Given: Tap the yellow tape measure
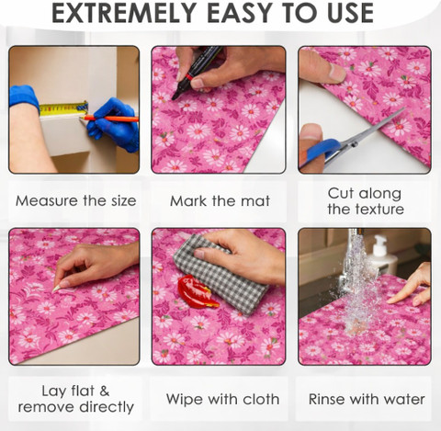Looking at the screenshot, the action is (63, 108).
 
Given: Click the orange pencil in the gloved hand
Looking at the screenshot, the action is (110, 119).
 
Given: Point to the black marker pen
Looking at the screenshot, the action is (196, 73).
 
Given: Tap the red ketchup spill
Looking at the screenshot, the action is (197, 292).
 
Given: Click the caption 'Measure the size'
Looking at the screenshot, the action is (76, 201).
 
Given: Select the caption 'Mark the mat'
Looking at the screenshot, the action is (220, 201).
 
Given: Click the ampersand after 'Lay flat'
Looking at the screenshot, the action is (105, 391).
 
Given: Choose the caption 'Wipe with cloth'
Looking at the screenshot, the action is (222, 399).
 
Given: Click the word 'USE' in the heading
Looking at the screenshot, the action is (350, 13).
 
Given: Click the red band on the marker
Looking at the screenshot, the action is (188, 76).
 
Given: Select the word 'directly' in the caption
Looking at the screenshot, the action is (107, 408).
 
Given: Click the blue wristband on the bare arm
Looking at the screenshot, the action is (24, 97).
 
